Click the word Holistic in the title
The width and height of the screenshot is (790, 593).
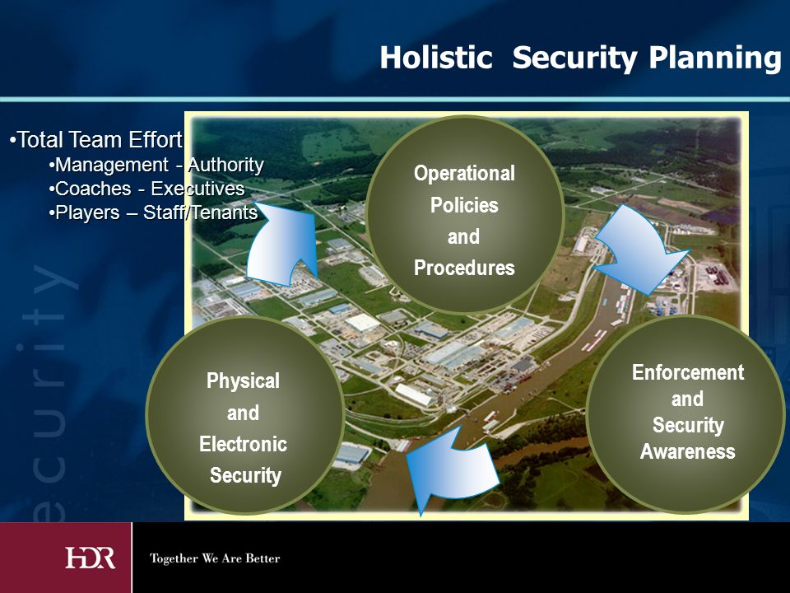436,57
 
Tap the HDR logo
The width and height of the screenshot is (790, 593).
91,558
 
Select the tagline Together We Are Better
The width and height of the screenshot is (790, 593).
215,558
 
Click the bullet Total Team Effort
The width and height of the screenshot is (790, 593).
95,140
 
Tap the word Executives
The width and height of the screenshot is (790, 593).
197,189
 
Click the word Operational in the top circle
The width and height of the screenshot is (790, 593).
464,174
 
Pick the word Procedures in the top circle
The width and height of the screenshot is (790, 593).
464,268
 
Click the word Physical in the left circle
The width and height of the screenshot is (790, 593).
243,381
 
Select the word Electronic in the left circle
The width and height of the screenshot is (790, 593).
243,444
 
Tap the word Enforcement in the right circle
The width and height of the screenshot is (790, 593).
688,372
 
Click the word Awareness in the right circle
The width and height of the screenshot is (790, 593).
688,451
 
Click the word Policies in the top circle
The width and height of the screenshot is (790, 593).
464,206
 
